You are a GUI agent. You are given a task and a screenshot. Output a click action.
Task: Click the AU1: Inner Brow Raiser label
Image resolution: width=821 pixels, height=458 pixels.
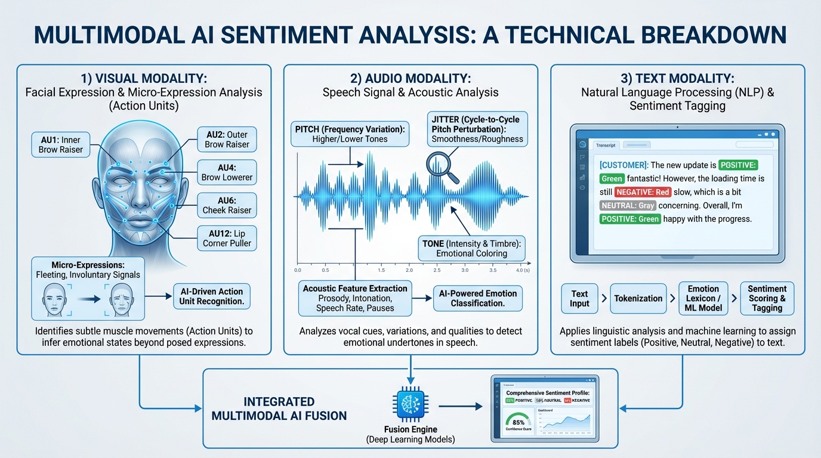tap(60, 145)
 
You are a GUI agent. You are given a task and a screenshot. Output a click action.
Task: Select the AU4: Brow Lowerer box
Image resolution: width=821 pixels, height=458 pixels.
tap(227, 172)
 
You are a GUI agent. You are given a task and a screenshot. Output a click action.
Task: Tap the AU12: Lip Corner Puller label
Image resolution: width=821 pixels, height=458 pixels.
tap(227, 237)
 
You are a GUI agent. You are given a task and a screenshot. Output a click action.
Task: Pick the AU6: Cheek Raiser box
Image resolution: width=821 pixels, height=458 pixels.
tap(227, 205)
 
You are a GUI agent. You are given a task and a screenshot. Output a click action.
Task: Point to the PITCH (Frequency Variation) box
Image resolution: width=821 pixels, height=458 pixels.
tap(350, 134)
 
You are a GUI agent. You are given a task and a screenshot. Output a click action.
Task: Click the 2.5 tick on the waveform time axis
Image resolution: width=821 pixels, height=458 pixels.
tap(437, 270)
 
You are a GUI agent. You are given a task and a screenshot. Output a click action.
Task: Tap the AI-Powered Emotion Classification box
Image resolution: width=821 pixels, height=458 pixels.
tap(477, 298)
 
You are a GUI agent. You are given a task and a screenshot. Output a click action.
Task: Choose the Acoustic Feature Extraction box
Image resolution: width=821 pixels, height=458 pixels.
tap(355, 298)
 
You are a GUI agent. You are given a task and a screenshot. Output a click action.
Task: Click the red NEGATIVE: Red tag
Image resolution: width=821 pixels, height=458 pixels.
tap(643, 192)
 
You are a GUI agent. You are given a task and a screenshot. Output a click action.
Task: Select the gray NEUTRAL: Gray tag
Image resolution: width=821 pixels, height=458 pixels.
tap(628, 205)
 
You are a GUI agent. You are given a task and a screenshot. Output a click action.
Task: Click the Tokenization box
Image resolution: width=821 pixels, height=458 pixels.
tap(638, 298)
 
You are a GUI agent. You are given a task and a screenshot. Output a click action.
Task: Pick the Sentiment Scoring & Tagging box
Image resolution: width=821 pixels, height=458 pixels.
tap(767, 298)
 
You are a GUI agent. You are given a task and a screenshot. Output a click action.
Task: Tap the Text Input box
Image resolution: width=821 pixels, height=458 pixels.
tap(579, 298)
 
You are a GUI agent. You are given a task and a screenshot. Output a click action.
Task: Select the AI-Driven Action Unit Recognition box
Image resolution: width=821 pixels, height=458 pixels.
tap(211, 296)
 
